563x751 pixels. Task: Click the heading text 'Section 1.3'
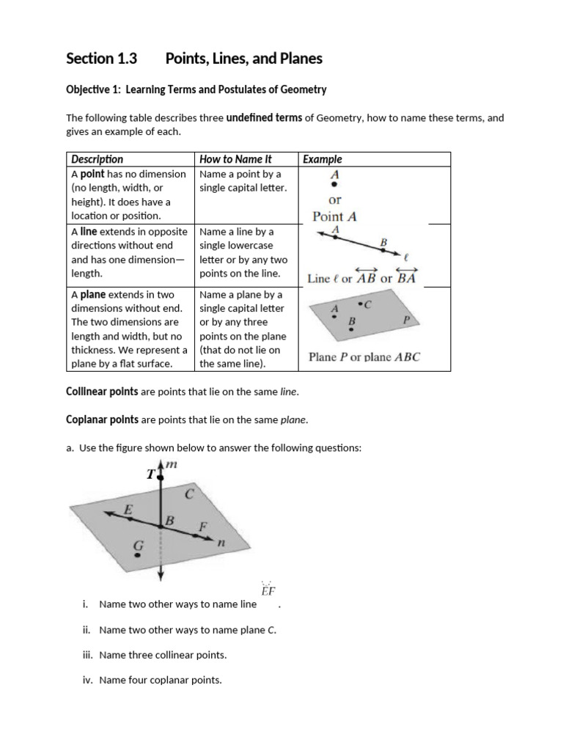click(101, 59)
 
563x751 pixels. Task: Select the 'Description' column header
click(97, 159)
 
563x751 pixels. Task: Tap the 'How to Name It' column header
click(235, 159)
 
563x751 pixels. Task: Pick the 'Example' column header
click(323, 159)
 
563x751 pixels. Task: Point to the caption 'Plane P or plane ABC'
click(364, 357)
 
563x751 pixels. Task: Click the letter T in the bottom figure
click(151, 475)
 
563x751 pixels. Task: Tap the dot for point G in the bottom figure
click(137, 555)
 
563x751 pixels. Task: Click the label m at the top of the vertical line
click(172, 465)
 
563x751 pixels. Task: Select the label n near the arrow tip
click(220, 543)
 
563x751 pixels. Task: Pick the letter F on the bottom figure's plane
click(203, 526)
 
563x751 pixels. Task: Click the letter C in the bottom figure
click(188, 494)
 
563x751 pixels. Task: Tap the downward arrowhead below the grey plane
click(161, 580)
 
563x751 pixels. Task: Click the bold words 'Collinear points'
click(102, 392)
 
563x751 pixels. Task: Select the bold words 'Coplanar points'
click(102, 420)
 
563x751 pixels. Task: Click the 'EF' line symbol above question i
click(268, 590)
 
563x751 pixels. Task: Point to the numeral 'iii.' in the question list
click(89, 655)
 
